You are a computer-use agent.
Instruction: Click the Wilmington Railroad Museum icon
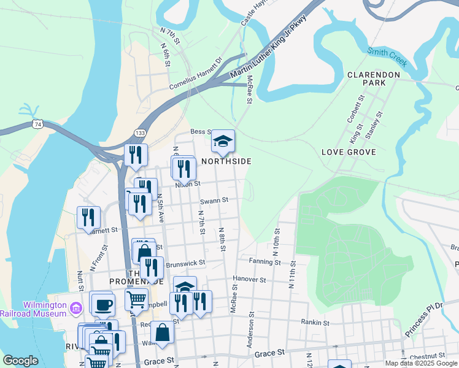75,307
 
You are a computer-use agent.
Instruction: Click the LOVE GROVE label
344,151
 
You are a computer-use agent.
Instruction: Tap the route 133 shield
140,133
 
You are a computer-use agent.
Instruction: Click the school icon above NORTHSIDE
223,141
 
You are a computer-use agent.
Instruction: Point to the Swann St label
214,200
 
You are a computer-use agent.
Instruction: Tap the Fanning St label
264,262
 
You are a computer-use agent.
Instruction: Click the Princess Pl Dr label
423,319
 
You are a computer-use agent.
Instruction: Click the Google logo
20,361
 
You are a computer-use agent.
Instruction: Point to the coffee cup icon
102,303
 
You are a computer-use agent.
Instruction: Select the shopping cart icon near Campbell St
136,299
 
